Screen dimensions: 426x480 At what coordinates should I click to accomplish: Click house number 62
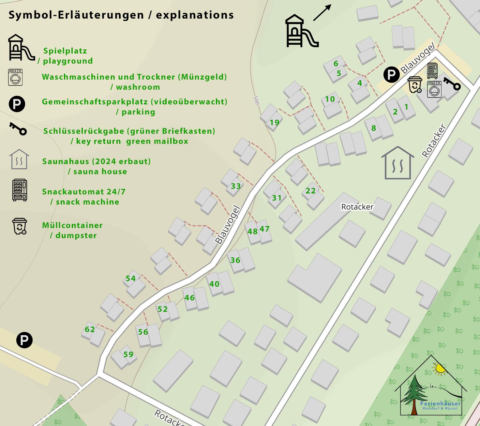pos(90,329)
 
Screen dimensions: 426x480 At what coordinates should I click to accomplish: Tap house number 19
pos(275,123)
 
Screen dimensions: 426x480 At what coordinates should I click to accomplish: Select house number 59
pos(128,355)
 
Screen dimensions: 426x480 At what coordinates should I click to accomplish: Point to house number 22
pos(310,191)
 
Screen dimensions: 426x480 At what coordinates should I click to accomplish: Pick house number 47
pos(264,229)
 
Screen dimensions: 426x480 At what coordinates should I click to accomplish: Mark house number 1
pos(406,107)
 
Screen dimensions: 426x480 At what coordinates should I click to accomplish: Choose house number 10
pos(330,99)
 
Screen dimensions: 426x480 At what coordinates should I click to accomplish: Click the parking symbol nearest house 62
pos(24,340)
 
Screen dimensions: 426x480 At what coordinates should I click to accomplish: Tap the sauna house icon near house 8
pos(397,163)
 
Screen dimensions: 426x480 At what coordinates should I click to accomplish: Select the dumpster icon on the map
pos(415,85)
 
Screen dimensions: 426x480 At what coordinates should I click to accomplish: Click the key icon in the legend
pos(18,129)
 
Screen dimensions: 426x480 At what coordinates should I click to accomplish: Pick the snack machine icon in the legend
pos(20,190)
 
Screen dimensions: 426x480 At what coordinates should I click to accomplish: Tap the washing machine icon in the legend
pos(15,77)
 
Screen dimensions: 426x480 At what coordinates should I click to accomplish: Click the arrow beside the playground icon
pos(322,13)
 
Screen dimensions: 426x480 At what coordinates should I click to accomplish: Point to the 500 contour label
pos(256,100)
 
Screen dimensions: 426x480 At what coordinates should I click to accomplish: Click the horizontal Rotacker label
pos(357,207)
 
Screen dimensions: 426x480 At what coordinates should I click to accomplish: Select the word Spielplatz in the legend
pos(65,51)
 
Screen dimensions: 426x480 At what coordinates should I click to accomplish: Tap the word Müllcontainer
pos(72,225)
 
